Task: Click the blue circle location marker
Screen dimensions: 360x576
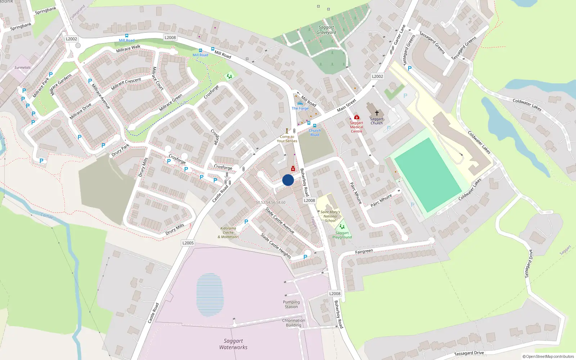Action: click(288, 180)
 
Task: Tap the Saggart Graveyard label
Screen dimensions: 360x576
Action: click(327, 30)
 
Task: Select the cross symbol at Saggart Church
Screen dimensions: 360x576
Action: click(377, 113)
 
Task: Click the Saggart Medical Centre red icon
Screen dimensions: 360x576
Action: click(356, 117)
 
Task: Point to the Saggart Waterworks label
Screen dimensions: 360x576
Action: click(233, 344)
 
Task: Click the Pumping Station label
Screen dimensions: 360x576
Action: click(291, 305)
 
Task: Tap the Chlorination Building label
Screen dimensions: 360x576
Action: click(293, 323)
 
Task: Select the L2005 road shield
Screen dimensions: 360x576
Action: click(188, 243)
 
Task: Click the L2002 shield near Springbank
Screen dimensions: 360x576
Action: click(71, 39)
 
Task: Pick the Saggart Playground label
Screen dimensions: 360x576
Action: click(342, 235)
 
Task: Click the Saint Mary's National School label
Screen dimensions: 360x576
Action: click(330, 216)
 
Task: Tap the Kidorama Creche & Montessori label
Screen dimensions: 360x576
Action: click(228, 233)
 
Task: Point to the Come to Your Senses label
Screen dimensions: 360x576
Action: click(287, 139)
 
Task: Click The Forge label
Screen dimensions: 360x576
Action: click(300, 108)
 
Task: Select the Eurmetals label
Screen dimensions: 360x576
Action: click(22, 68)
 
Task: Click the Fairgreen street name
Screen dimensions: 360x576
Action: click(364, 251)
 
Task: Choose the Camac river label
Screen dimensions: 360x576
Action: click(47, 216)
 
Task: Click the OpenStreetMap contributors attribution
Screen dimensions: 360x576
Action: click(548, 356)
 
